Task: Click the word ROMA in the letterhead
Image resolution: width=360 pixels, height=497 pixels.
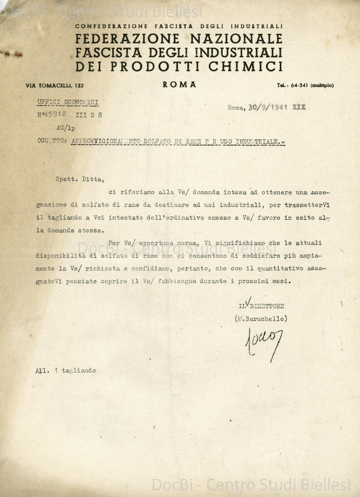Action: click(179, 85)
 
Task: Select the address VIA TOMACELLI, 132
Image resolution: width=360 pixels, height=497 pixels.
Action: click(55, 85)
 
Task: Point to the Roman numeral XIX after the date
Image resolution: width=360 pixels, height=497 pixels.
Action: click(299, 107)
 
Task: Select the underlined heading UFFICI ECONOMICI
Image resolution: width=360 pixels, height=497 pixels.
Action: click(67, 102)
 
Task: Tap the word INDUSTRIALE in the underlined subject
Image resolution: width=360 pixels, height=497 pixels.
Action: click(257, 140)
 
